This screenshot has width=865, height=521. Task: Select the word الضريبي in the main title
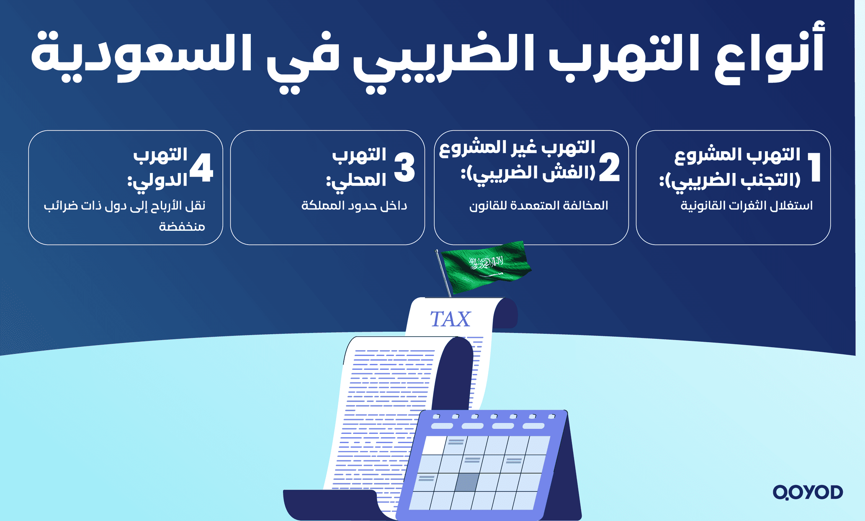pos(444,59)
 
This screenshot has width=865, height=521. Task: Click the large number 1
pos(814,168)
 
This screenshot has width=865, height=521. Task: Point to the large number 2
pos(609,168)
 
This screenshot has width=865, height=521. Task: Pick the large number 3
pos(404,168)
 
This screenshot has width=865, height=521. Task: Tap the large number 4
pos(202,168)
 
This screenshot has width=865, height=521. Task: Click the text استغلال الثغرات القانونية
pos(746,206)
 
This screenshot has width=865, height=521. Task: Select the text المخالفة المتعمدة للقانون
pos(538,206)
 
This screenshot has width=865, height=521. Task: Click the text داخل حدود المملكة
pos(354,206)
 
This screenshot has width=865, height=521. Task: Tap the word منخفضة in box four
pos(182,227)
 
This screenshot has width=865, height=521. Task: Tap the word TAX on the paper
pos(451,319)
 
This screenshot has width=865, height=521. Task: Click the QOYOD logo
pos(808,492)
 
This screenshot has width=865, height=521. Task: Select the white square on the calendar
pos(434,445)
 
